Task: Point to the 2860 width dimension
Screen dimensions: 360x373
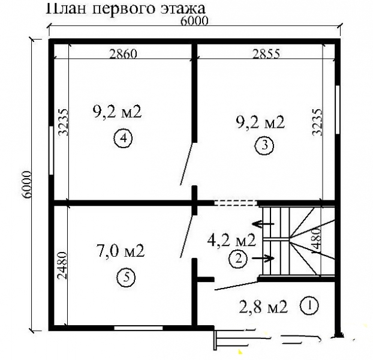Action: pos(124,53)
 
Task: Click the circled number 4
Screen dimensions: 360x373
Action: pos(122,139)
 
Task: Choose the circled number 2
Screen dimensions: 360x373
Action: pos(237,259)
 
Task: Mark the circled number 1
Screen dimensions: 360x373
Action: pos(309,305)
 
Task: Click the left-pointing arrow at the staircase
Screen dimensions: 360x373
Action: pos(262,224)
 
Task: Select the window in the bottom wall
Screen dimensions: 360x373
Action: pos(139,328)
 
